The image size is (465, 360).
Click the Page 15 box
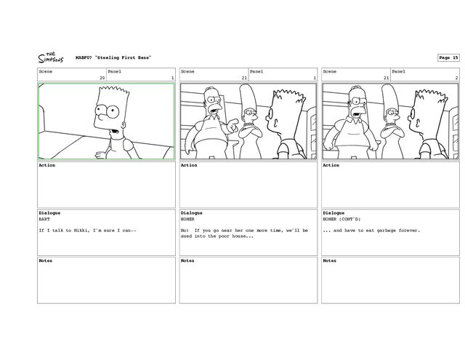pos(448,57)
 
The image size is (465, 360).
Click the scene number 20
pos(102,78)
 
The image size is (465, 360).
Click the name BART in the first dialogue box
pos(44,218)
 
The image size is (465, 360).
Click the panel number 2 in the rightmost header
pos(456,78)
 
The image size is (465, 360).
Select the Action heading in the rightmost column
pos(331,165)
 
